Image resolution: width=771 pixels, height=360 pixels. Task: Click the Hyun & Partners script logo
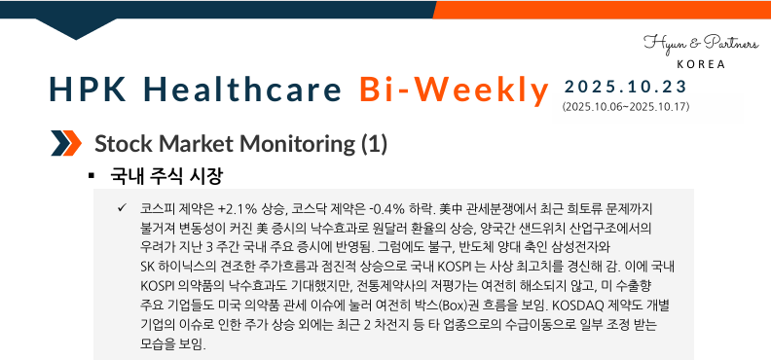pos(692,44)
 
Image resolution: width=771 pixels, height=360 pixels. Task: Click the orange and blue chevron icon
pos(65,145)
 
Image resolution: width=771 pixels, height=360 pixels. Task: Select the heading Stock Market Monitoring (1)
pos(240,145)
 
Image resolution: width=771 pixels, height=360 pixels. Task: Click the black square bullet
pos(91,177)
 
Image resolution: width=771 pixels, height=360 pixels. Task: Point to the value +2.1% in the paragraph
pos(238,209)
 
